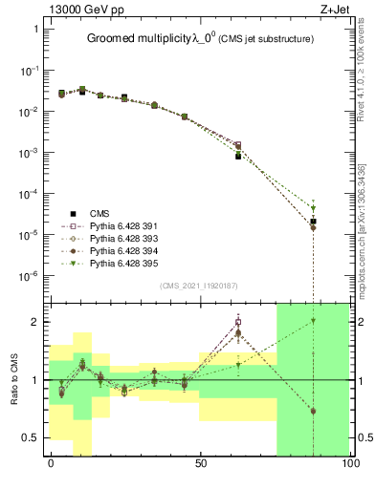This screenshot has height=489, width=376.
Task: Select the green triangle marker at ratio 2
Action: [x=313, y=321]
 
